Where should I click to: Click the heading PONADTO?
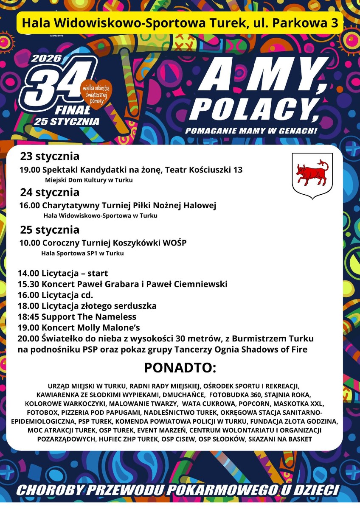tap(180, 368)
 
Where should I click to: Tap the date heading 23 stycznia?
tap(50, 157)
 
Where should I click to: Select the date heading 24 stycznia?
tap(50, 193)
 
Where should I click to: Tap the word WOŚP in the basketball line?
tap(175, 243)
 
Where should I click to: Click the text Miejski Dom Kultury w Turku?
tap(89, 180)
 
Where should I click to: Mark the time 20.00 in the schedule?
tap(28, 339)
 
